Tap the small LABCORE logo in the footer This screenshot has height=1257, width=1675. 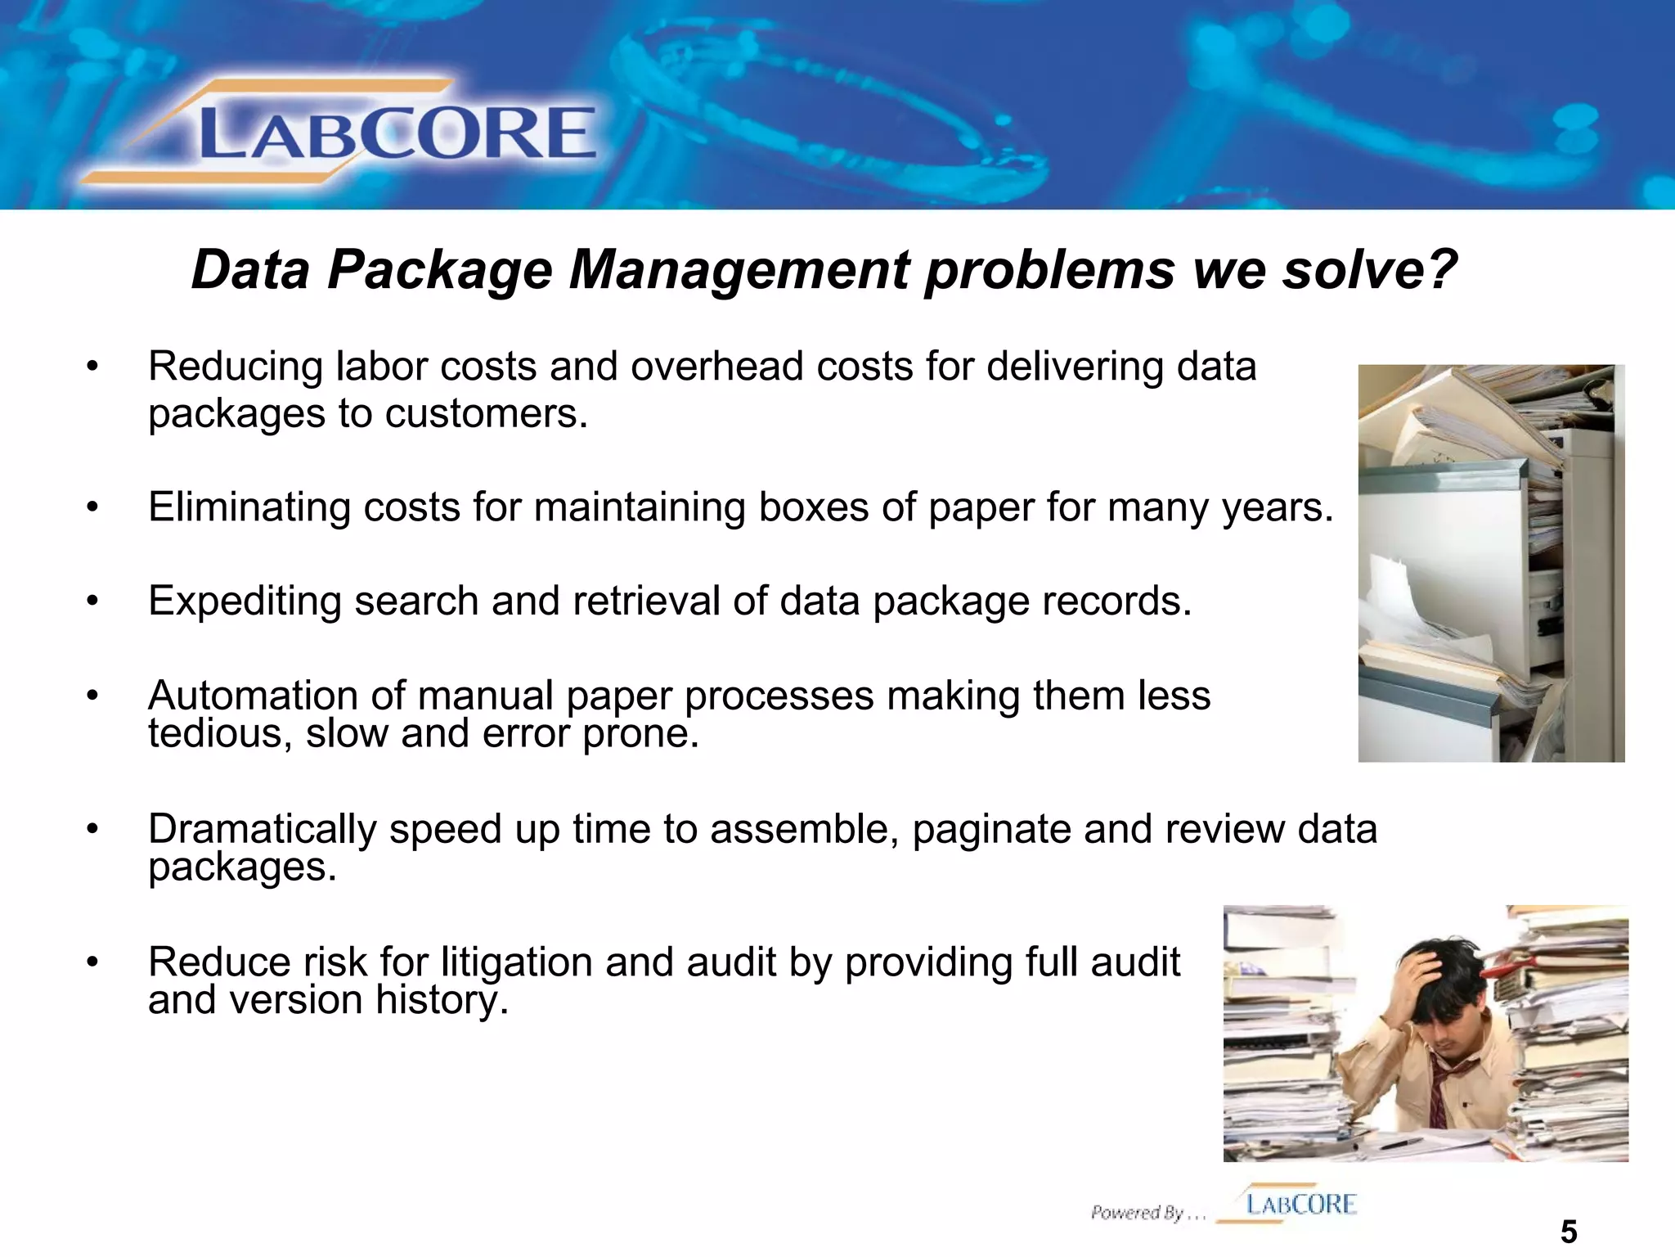(x=1300, y=1204)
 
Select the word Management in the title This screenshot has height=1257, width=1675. (x=739, y=270)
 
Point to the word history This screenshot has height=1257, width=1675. (x=442, y=1000)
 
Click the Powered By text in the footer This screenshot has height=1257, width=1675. (x=1147, y=1212)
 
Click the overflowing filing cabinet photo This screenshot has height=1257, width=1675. (x=1490, y=563)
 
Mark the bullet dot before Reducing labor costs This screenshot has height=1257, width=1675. (x=93, y=366)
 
